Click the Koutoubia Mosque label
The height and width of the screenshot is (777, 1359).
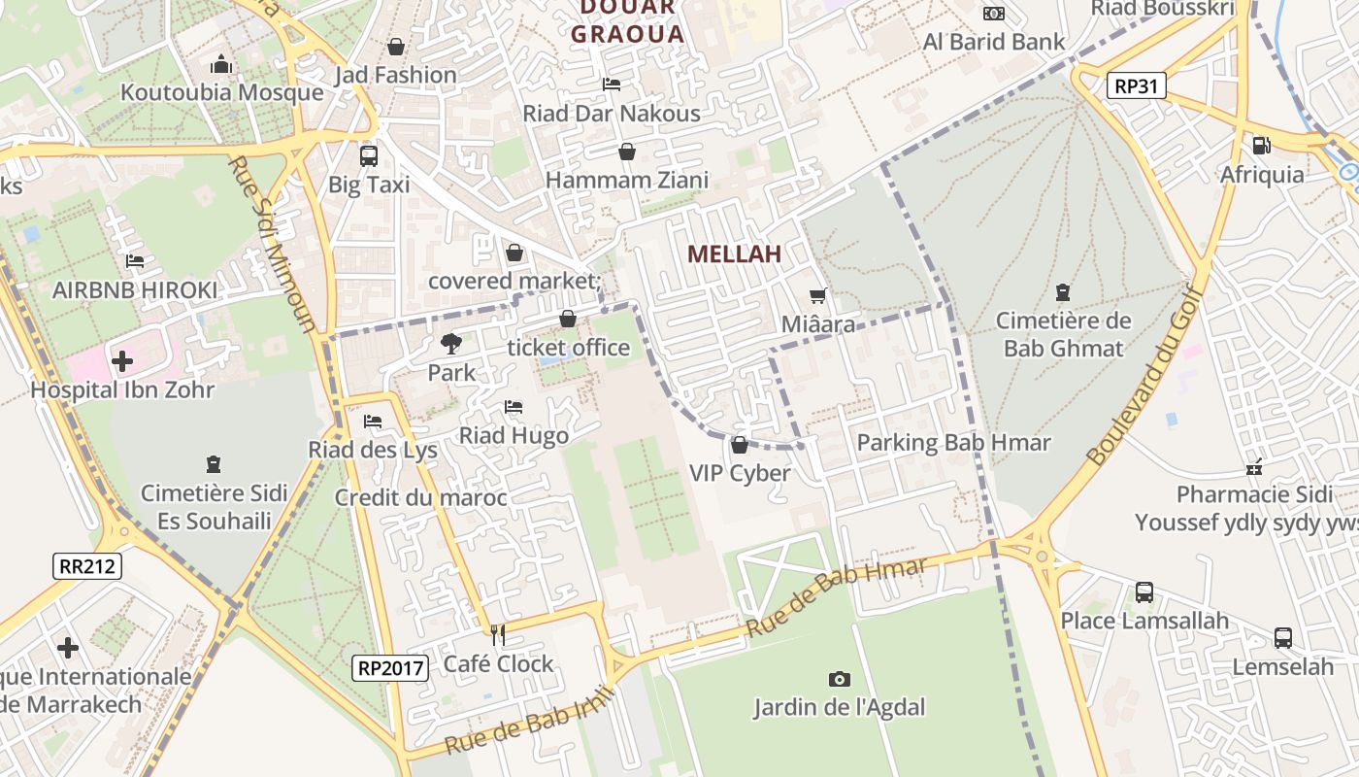coord(221,92)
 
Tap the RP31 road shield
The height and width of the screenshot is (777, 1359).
coord(1136,85)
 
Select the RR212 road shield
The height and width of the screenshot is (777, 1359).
coord(87,566)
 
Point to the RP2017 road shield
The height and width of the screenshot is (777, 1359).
coord(390,667)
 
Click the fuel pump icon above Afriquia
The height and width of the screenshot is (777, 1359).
coord(1261,146)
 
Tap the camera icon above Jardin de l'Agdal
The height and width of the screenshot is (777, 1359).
coord(839,679)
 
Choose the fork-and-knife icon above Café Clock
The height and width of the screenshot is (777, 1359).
coord(498,635)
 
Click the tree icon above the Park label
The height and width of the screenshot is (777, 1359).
coord(450,343)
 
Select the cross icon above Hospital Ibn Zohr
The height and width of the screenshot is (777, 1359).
coord(122,361)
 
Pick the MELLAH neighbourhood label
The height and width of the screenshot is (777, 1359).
coord(734,254)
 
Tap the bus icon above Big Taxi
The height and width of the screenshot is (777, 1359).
coord(369,155)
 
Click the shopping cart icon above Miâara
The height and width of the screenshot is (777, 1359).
coord(818,295)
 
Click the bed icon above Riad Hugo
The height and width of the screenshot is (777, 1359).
coord(514,407)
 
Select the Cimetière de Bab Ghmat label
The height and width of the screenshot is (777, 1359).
coord(1063,334)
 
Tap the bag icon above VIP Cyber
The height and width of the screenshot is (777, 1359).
coord(740,445)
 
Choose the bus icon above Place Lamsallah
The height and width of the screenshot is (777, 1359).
coord(1144,591)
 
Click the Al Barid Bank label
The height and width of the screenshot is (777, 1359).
coord(994,42)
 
